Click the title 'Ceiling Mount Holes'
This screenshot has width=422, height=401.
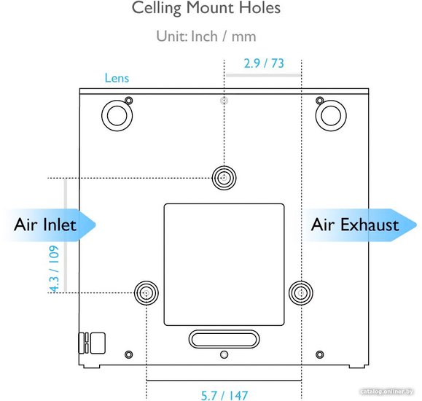(x=206, y=8)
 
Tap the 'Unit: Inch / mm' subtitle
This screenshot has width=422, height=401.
(x=206, y=36)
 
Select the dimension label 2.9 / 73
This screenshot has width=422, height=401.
(x=264, y=63)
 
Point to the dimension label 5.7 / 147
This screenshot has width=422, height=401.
(x=224, y=395)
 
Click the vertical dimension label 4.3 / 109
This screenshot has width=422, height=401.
(x=54, y=269)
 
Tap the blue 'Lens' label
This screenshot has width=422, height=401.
(x=117, y=78)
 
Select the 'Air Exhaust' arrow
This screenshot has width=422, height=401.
(x=361, y=225)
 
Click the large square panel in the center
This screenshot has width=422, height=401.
(x=224, y=265)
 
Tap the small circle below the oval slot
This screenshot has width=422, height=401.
(x=224, y=354)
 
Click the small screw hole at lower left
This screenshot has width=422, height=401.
(x=129, y=354)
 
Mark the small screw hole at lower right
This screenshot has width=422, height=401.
(x=320, y=354)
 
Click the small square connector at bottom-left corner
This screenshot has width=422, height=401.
(x=98, y=343)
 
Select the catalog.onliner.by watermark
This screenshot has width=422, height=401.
(x=387, y=392)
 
